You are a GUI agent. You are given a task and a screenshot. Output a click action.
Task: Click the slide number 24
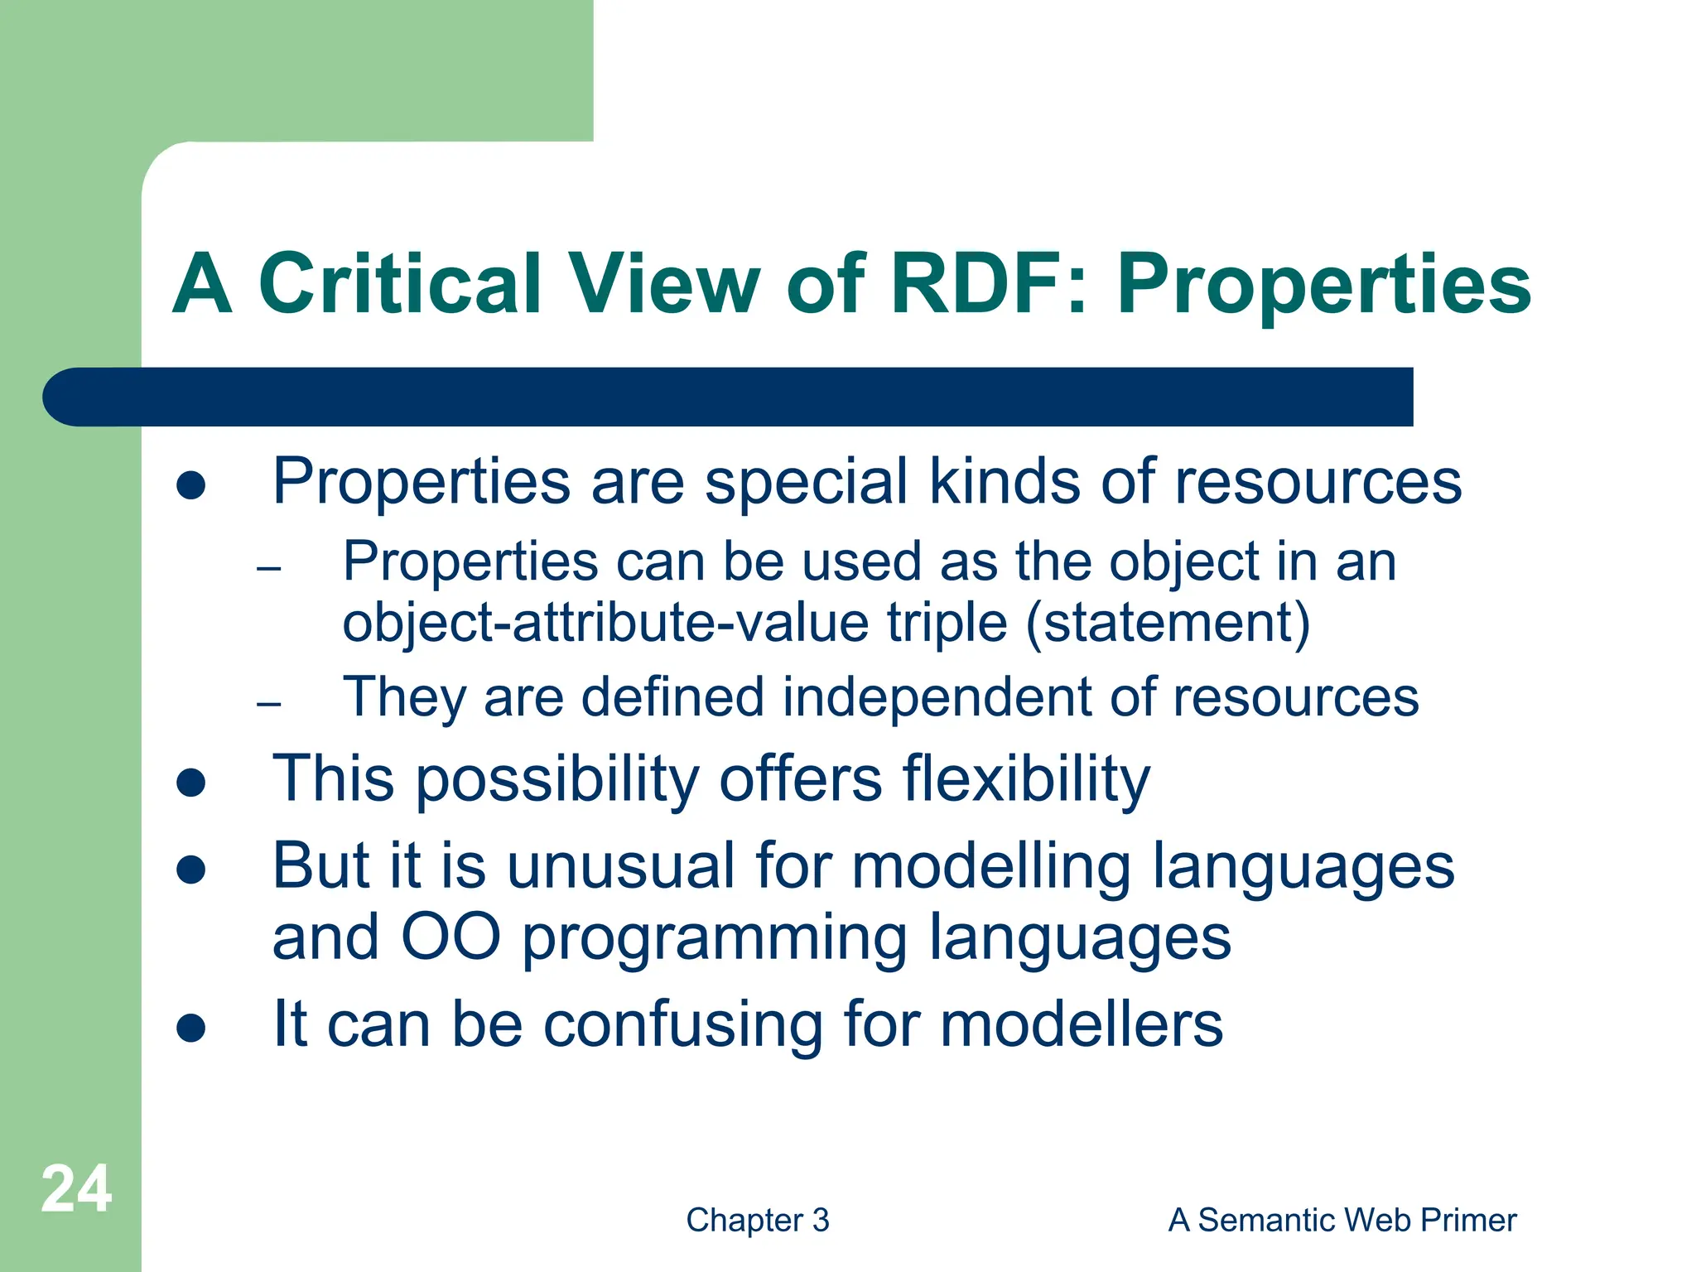click(76, 1189)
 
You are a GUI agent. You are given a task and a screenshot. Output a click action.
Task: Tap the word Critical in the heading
click(400, 284)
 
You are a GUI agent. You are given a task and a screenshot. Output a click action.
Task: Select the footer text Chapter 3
click(757, 1220)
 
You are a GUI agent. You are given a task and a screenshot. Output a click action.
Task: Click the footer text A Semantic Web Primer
click(1342, 1220)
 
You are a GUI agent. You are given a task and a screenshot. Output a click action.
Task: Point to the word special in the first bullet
click(806, 482)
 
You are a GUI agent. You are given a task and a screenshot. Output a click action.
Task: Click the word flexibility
click(1026, 778)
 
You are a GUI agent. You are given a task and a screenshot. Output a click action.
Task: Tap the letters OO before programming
click(450, 937)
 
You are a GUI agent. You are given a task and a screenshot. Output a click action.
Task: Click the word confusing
click(683, 1025)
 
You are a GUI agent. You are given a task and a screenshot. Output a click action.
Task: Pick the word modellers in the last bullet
click(1081, 1025)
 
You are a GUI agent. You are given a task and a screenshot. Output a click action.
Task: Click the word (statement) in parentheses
click(1168, 623)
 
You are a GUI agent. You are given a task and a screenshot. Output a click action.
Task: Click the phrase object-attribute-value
click(605, 623)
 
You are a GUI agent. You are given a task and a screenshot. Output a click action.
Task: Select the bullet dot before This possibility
click(191, 783)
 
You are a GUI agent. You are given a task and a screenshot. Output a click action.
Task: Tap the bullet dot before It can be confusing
click(191, 1029)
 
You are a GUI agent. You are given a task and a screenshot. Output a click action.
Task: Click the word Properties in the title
click(1323, 284)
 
